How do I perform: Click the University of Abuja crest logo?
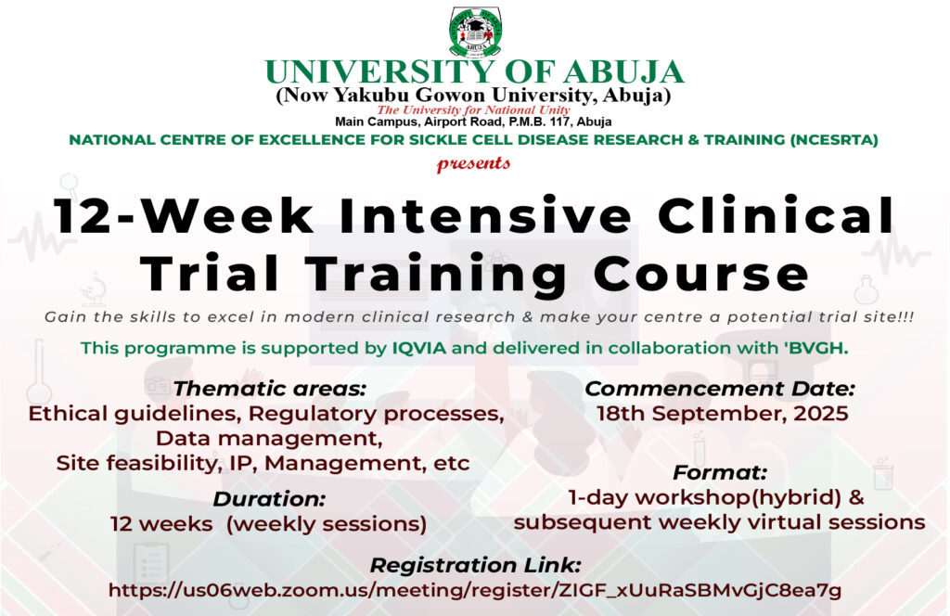click(476, 31)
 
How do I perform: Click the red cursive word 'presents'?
click(473, 163)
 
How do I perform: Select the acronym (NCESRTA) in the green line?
click(834, 140)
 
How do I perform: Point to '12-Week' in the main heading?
click(185, 215)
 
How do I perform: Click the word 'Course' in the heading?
click(701, 274)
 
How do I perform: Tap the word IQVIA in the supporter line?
click(418, 348)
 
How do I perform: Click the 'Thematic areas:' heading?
click(270, 389)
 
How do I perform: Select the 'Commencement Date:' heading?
click(720, 389)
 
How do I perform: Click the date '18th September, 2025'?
click(722, 414)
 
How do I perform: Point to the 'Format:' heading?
click(720, 472)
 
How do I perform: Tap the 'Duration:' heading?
click(269, 498)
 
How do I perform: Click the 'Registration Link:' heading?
click(476, 565)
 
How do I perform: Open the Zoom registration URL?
click(475, 590)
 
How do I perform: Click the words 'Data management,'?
click(269, 438)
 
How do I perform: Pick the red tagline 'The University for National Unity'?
click(473, 109)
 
